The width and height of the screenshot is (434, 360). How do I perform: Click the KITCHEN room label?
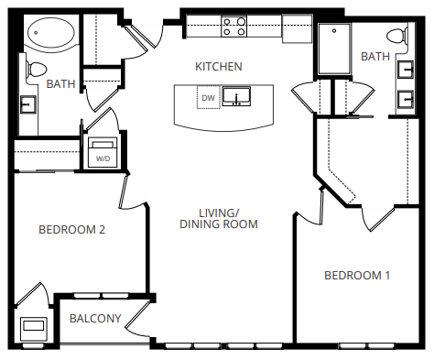[x=218, y=67]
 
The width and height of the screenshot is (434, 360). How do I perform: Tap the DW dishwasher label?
[x=208, y=97]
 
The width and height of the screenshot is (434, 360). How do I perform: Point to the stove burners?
[x=234, y=27]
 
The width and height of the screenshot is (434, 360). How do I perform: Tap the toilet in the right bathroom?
[x=396, y=38]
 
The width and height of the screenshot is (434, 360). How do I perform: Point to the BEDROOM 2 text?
[x=72, y=230]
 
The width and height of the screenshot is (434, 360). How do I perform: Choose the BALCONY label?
[x=95, y=319]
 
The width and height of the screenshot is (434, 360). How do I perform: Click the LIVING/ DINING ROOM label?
[x=219, y=218]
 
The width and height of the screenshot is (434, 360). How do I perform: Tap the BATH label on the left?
[x=60, y=84]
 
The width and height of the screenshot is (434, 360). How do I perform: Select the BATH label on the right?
[x=375, y=57]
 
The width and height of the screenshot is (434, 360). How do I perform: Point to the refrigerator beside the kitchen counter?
[x=297, y=29]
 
